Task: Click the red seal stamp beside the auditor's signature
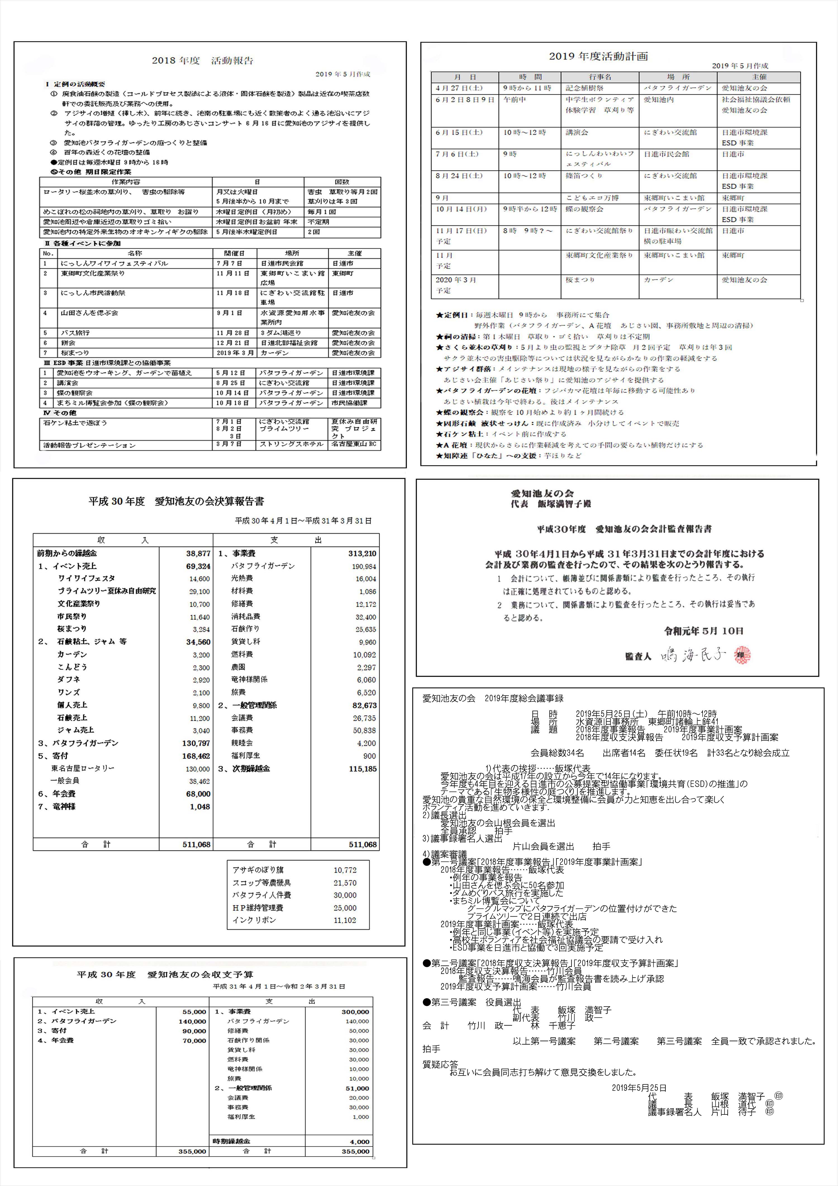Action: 742,654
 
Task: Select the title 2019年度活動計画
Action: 598,56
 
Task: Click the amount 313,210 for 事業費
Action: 362,553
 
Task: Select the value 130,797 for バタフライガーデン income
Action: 196,743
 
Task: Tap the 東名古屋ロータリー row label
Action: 83,768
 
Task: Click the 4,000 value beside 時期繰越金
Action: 360,1142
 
